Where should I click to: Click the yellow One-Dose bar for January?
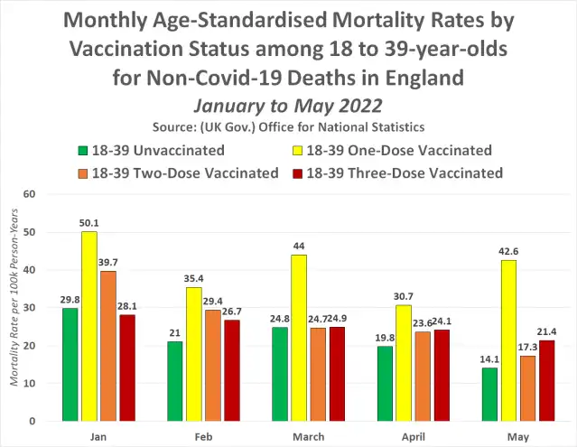coord(88,326)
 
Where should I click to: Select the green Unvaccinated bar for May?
coord(490,394)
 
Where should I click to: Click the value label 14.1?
coord(490,359)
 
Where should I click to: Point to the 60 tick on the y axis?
coord(30,194)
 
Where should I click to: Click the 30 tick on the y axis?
coord(30,308)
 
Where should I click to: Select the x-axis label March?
coord(311,436)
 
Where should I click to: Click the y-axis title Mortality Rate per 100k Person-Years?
coord(13,308)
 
